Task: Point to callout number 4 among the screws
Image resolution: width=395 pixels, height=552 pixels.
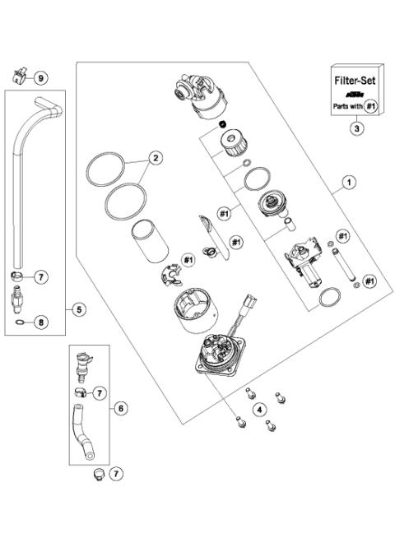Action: [x=259, y=409]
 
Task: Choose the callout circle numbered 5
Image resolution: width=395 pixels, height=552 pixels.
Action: [x=79, y=309]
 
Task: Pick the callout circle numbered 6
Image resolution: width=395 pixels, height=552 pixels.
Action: [x=120, y=408]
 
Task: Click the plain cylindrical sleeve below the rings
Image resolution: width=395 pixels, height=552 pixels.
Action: [x=150, y=240]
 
